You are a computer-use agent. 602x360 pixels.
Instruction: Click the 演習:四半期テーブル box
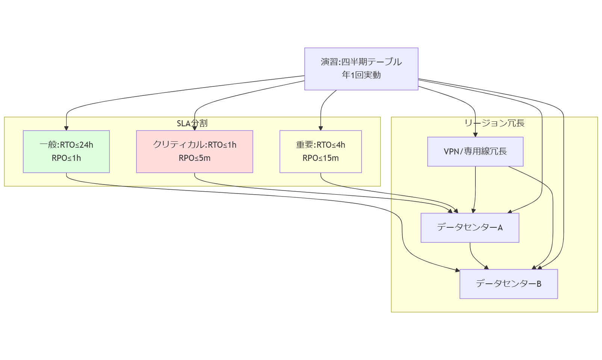361,69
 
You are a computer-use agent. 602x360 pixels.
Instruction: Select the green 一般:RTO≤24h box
66,151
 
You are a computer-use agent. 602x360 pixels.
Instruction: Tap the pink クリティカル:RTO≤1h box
194,151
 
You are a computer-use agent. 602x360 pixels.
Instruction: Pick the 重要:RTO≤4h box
321,151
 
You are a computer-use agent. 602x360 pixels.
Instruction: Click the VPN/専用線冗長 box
475,151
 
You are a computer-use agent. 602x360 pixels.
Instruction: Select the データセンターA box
470,228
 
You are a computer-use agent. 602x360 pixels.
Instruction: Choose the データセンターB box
508,284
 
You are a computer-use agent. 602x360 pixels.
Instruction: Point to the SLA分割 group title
192,123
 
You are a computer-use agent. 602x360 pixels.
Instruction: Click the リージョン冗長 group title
494,123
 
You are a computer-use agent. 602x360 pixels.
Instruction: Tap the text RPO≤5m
194,158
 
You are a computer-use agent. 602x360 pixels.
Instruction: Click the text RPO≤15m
321,158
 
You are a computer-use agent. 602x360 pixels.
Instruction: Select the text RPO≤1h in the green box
66,158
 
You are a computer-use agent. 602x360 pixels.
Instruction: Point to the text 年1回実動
361,75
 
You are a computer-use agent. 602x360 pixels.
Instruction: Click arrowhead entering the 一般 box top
67,128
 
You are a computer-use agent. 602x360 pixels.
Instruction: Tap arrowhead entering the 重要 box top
321,128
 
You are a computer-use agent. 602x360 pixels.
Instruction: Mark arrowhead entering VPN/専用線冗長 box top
475,135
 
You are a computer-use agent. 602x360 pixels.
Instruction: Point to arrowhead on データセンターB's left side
457,270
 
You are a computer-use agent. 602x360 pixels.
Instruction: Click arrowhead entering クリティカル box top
195,128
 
